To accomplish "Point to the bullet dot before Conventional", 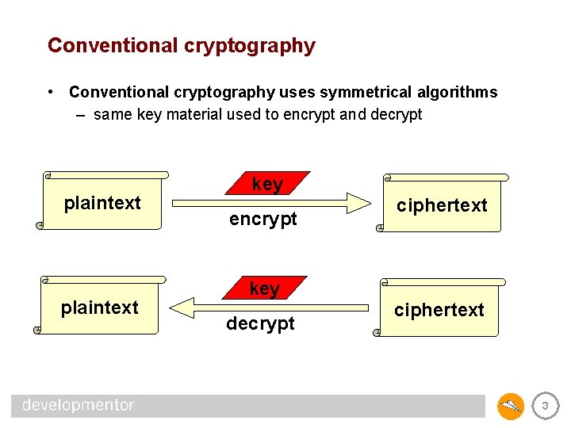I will click(x=51, y=92).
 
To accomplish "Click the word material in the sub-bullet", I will click(x=198, y=114).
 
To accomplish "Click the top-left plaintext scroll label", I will click(x=102, y=203).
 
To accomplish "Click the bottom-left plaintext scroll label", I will click(x=100, y=308).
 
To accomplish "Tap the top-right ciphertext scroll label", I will click(x=442, y=205).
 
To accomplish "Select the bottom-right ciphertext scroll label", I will click(x=439, y=310).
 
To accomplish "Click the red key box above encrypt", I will click(x=267, y=184).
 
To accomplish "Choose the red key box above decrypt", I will click(x=264, y=289).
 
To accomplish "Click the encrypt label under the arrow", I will click(x=263, y=219).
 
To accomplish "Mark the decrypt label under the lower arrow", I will click(x=260, y=323).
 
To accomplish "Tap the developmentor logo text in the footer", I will click(x=79, y=405).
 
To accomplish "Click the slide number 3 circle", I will click(x=544, y=407).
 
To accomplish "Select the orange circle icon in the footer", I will click(x=511, y=407).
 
